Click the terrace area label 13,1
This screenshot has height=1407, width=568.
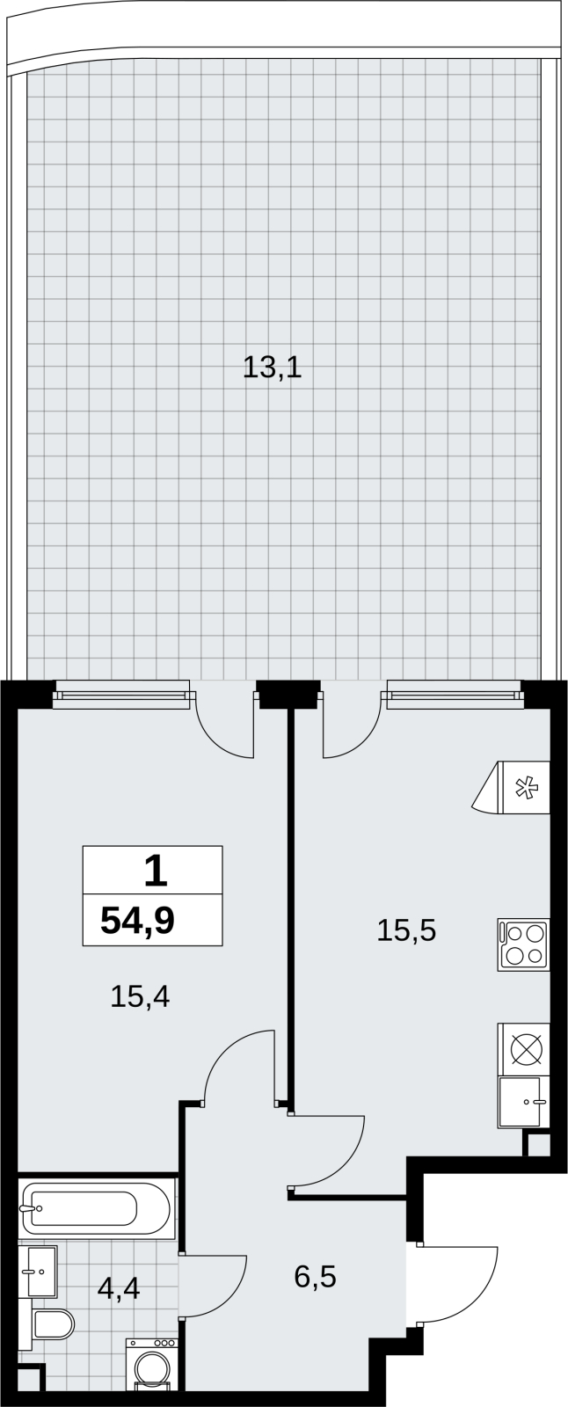pos(272,368)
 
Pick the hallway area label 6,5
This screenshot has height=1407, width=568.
pos(316,1276)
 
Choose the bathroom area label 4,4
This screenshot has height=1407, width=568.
pos(118,1288)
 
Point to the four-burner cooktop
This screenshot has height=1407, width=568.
pos(523,944)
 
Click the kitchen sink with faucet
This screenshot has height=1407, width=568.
pos(523,1102)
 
